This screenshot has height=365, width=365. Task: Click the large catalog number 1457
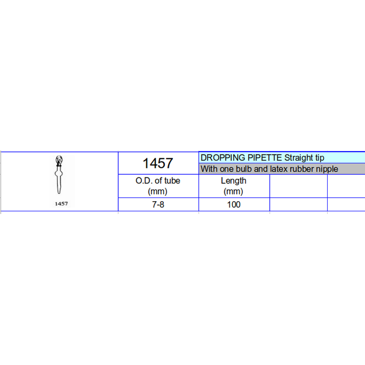pyautogui.click(x=158, y=163)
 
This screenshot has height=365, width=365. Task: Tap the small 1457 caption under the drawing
pyautogui.click(x=61, y=204)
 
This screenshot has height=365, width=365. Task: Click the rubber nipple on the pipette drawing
pyautogui.click(x=58, y=161)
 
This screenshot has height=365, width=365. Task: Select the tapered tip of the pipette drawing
pyautogui.click(x=59, y=189)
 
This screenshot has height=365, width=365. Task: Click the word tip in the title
pyautogui.click(x=319, y=158)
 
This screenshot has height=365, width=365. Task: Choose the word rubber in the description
pyautogui.click(x=302, y=169)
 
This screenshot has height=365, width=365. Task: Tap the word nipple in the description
pyautogui.click(x=328, y=169)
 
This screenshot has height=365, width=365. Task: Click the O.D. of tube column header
pyautogui.click(x=158, y=181)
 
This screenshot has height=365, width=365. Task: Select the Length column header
pyautogui.click(x=234, y=181)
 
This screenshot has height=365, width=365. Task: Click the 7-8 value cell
pyautogui.click(x=158, y=205)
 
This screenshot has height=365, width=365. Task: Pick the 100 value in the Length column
pyautogui.click(x=234, y=205)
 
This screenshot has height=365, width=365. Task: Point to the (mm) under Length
pyautogui.click(x=234, y=192)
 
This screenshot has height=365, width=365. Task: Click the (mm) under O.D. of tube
pyautogui.click(x=158, y=192)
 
